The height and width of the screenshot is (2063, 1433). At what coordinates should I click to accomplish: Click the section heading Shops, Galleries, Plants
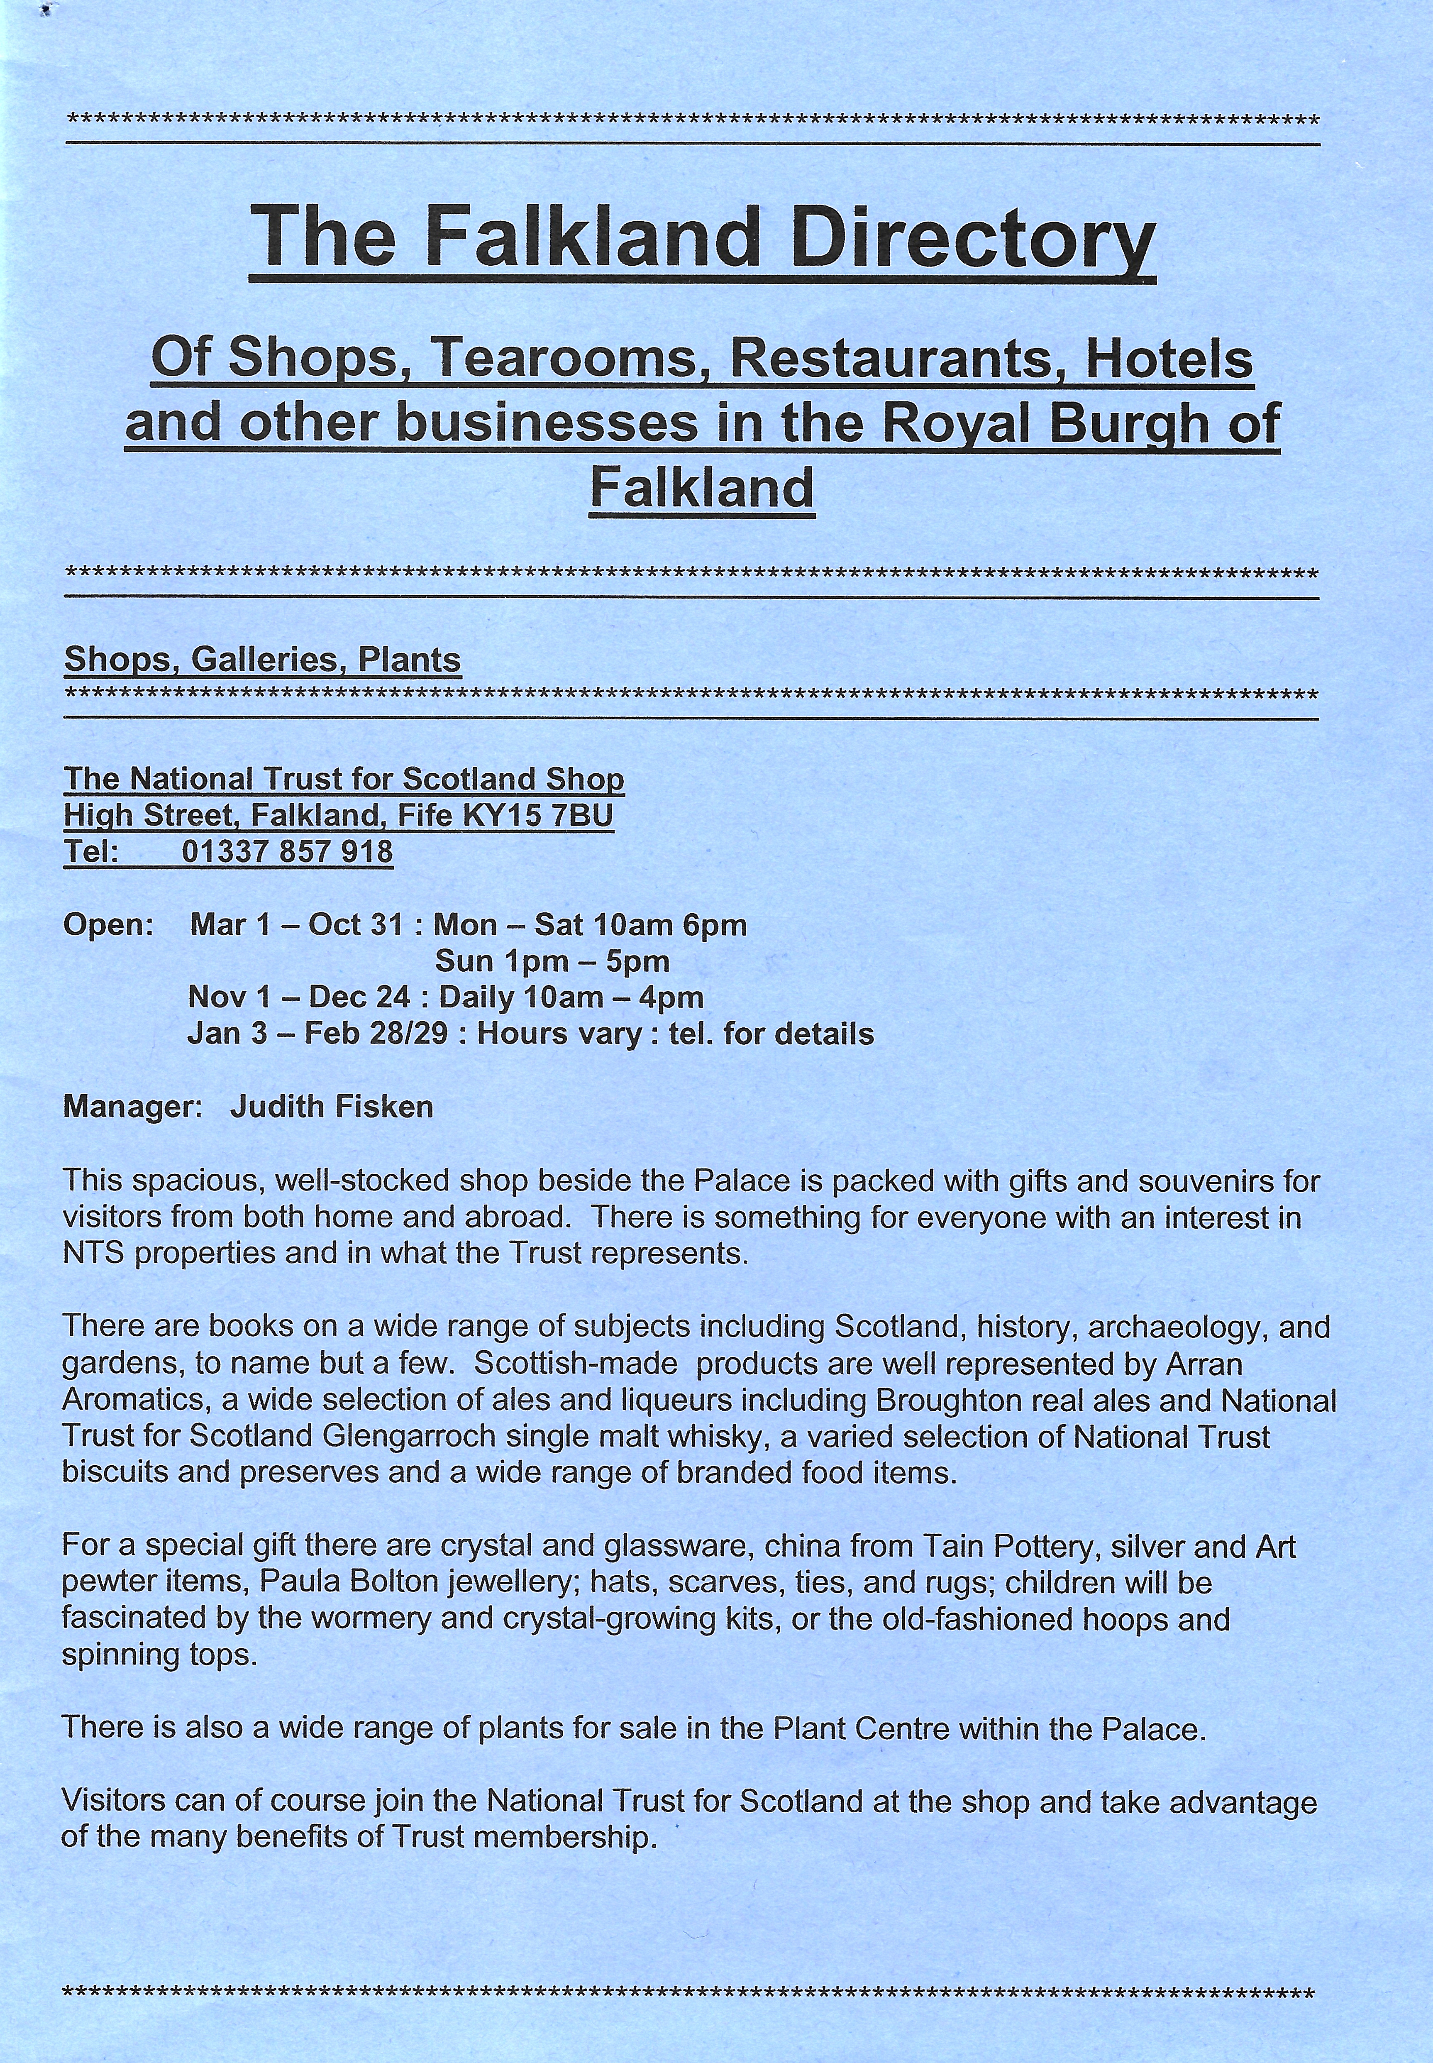pyautogui.click(x=262, y=660)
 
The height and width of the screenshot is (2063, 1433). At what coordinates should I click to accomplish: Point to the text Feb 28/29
pyautogui.click(x=375, y=1034)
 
